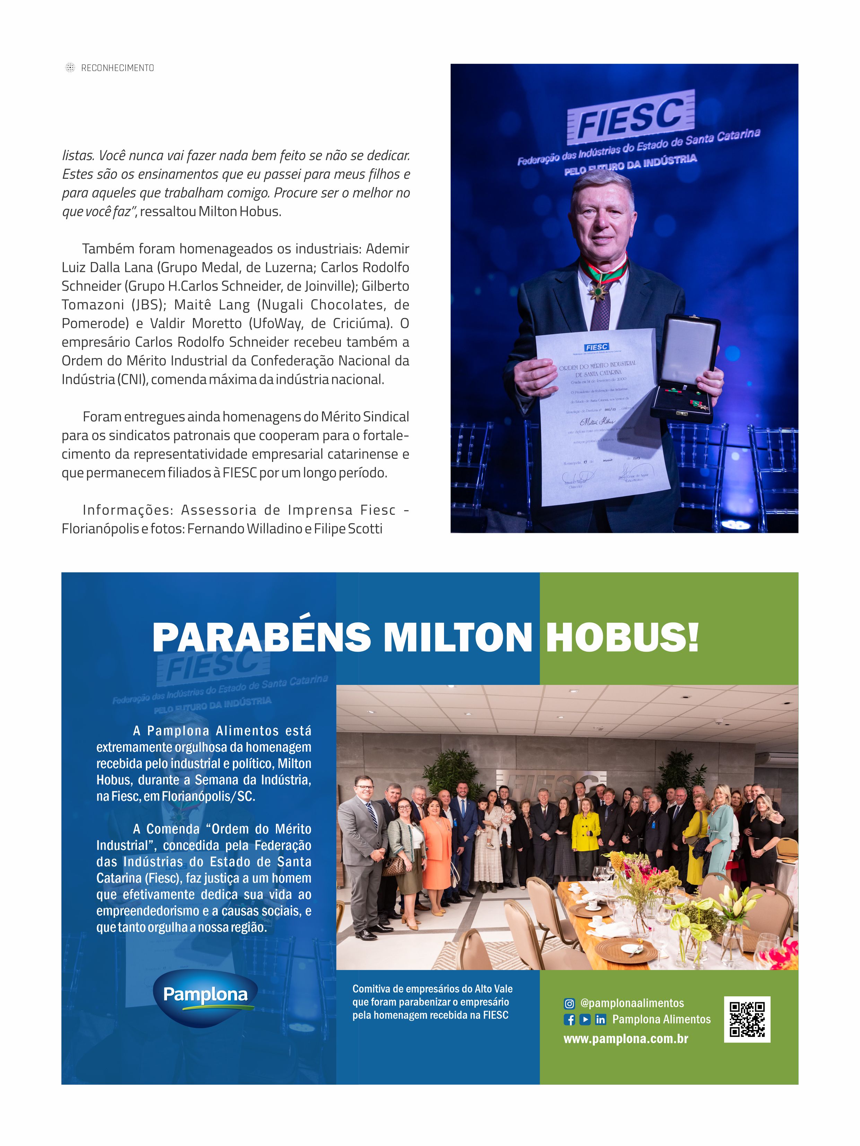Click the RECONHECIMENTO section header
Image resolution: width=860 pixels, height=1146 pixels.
(x=117, y=68)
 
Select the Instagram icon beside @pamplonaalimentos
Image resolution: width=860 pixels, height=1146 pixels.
(x=569, y=1004)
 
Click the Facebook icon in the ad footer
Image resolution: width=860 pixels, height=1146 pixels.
(x=569, y=1020)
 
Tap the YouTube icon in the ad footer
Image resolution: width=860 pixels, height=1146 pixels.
(x=585, y=1020)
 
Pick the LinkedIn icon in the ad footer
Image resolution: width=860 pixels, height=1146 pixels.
(x=600, y=1020)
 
